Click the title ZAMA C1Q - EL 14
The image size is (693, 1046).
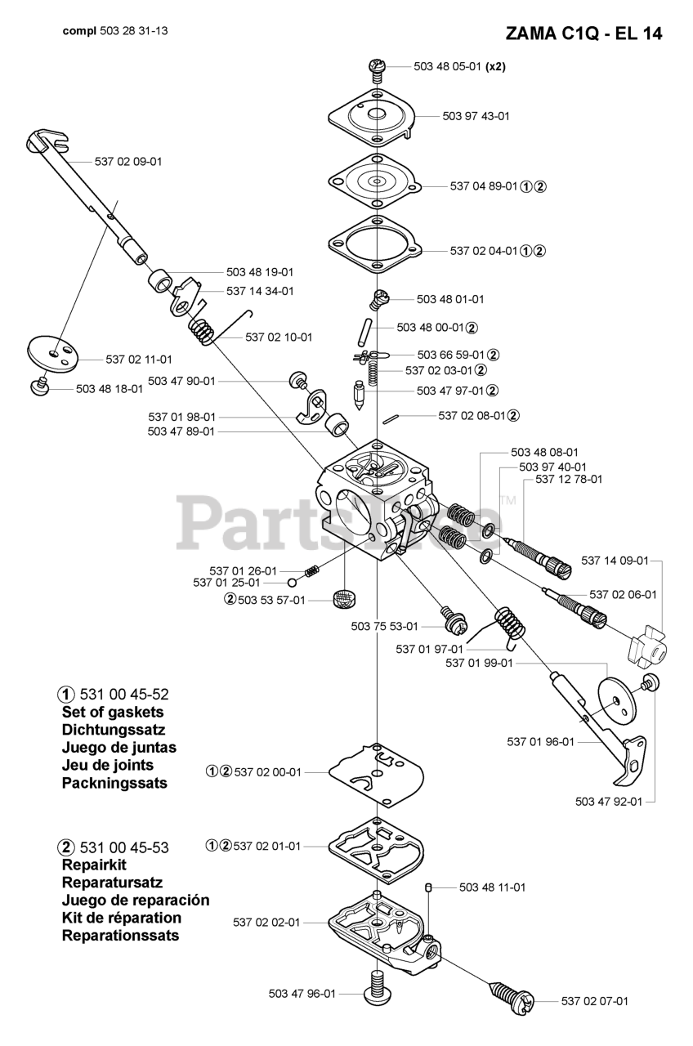point(583,34)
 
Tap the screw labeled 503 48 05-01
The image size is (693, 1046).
point(377,69)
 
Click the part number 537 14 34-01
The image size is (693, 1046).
point(260,290)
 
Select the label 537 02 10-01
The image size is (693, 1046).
point(279,337)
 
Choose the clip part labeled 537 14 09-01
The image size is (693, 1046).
point(645,647)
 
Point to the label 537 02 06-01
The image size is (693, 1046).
point(623,594)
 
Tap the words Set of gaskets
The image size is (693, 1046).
point(113,712)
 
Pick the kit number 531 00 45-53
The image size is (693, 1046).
point(124,847)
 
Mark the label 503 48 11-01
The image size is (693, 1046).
point(492,887)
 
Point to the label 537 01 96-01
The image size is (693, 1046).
point(540,741)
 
